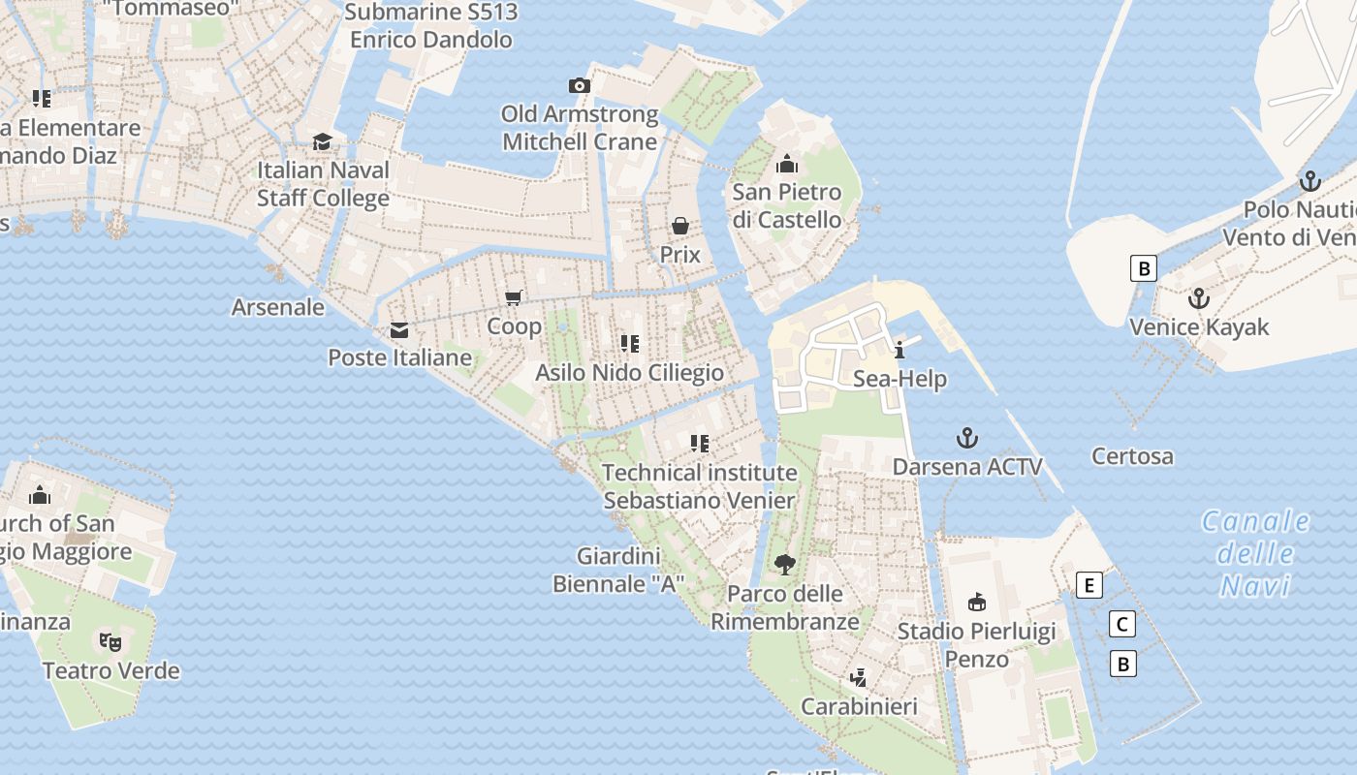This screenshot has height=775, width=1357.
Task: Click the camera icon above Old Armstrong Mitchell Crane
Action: (x=580, y=85)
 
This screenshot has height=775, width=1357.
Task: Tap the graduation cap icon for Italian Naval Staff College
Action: (x=323, y=141)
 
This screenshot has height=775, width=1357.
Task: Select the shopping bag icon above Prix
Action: (x=680, y=226)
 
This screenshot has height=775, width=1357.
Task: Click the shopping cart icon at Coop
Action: (x=514, y=297)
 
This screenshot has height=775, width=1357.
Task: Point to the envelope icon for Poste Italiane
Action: (x=399, y=329)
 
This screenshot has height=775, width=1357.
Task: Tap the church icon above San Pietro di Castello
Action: (x=787, y=163)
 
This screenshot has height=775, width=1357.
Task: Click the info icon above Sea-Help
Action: (x=899, y=350)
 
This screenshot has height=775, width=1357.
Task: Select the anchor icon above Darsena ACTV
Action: (x=967, y=438)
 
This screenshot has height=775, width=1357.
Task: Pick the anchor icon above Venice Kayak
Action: (x=1199, y=298)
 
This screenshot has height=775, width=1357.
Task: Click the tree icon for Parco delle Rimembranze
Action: (x=785, y=564)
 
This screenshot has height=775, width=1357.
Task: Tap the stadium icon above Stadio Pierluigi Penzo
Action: (x=977, y=603)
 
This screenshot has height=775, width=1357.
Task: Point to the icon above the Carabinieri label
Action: (x=859, y=677)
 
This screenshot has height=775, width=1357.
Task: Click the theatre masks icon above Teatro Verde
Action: (x=110, y=641)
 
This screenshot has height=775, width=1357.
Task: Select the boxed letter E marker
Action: (x=1089, y=585)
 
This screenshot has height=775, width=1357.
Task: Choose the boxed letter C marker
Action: (x=1122, y=624)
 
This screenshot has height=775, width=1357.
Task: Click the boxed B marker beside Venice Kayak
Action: (x=1145, y=268)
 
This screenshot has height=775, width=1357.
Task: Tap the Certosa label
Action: (x=1132, y=455)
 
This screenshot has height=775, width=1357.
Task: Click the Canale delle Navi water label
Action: (x=1256, y=553)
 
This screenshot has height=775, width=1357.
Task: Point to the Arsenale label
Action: (x=278, y=307)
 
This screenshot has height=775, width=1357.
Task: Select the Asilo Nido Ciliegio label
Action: (x=630, y=372)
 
